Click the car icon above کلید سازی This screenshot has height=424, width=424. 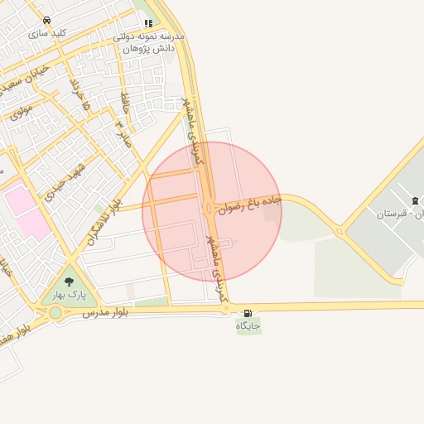[x=46, y=20]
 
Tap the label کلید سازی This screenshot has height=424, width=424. [x=47, y=34]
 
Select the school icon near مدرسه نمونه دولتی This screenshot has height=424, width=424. [x=147, y=23]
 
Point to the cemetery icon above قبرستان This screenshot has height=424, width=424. [x=414, y=201]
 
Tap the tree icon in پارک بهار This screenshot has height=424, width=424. [x=69, y=282]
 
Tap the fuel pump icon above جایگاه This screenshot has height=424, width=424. [x=248, y=313]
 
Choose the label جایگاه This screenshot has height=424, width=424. [x=248, y=326]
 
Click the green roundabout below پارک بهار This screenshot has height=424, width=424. [x=55, y=313]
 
